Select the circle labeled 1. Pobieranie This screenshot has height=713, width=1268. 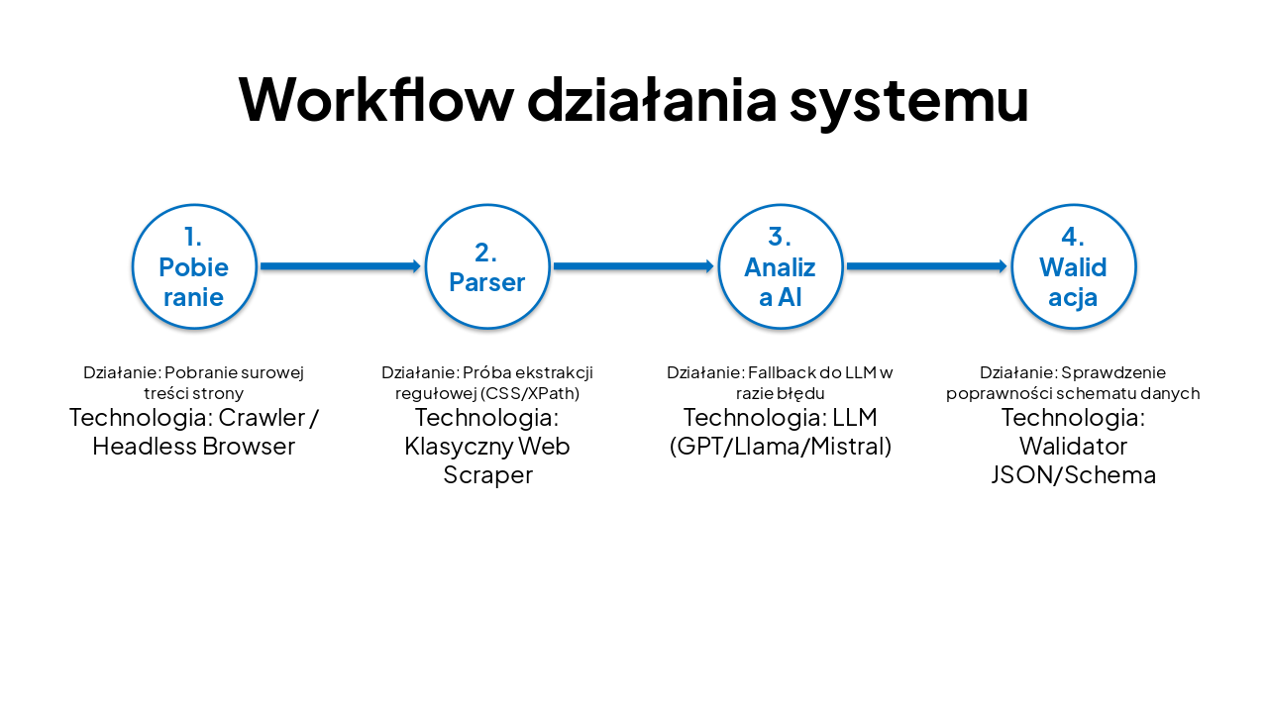tap(194, 266)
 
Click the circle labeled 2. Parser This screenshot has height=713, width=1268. tap(487, 266)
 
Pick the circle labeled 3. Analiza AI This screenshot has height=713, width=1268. tap(781, 266)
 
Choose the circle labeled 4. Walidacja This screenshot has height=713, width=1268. tap(1073, 266)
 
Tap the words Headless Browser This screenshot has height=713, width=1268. tap(194, 446)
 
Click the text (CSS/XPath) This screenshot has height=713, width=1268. tap(530, 393)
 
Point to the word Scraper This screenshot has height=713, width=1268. tap(487, 474)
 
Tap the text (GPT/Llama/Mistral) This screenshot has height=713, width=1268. tap(781, 446)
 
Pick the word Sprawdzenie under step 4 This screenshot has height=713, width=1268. tap(1113, 373)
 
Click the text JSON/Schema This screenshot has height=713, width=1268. tap(1073, 474)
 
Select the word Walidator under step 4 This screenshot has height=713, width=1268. tap(1073, 446)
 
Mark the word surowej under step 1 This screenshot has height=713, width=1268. tap(273, 373)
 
